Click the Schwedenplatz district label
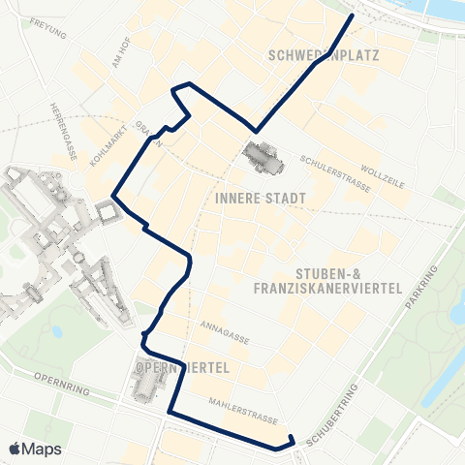coord(322,56)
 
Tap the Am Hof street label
coord(121,60)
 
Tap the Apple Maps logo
coord(35,449)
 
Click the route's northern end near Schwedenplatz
coord(351,16)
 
